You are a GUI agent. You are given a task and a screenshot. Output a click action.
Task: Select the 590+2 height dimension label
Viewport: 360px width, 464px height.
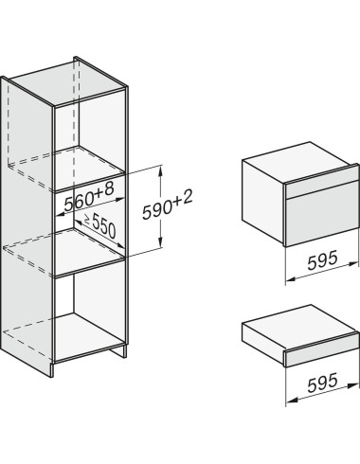(168, 205)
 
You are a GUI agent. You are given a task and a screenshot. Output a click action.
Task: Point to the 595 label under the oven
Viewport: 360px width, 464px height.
(322, 259)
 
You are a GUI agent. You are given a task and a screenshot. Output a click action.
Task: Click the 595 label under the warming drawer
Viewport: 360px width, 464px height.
(322, 383)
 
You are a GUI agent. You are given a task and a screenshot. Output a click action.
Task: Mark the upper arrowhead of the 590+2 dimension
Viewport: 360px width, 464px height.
(161, 171)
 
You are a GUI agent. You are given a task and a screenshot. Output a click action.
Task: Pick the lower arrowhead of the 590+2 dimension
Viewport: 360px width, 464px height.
(161, 242)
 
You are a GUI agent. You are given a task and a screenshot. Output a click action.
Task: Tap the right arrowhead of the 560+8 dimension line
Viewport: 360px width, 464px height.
(120, 199)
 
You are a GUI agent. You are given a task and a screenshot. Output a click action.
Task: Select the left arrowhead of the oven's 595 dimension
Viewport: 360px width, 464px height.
(290, 279)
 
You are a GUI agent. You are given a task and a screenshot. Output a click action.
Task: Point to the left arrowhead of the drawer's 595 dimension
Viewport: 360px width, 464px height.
(291, 401)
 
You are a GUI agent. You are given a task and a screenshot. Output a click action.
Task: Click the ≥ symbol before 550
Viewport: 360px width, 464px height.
(87, 218)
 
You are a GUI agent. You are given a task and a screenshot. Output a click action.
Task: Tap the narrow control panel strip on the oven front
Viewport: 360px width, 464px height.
(321, 187)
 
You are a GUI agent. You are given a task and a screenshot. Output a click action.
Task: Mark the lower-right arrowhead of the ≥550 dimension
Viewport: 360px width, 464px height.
(120, 245)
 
